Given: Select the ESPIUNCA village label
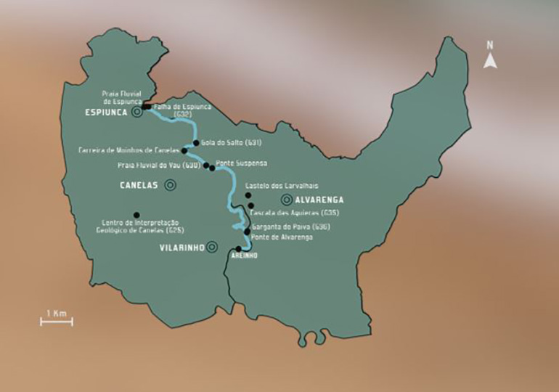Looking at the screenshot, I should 106,113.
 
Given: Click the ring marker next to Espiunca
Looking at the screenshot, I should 136,113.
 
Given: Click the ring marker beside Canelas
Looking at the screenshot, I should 170,185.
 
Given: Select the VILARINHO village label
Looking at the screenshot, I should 180,247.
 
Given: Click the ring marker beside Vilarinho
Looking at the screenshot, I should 211,247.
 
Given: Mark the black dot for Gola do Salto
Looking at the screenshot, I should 195,142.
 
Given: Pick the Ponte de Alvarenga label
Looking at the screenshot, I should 282,237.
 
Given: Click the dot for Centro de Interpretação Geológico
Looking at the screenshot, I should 136,214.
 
